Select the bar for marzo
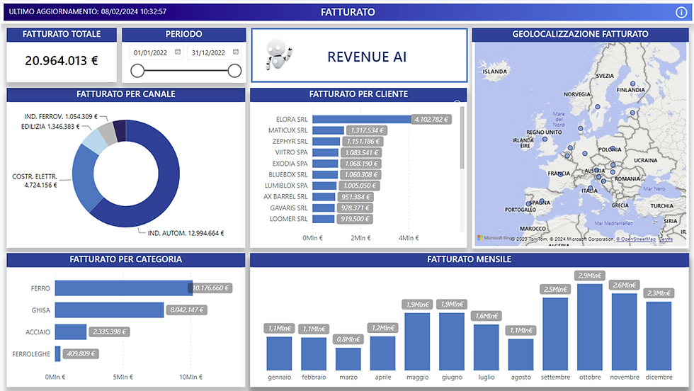coord(348,359)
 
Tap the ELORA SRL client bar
coord(361,119)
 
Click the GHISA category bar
coord(109,310)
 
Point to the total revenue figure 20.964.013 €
coord(62,60)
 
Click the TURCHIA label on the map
coord(662,206)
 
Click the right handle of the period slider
coord(234,70)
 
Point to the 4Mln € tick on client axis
coord(409,238)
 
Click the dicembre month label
coord(658,377)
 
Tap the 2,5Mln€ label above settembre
coord(555,289)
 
